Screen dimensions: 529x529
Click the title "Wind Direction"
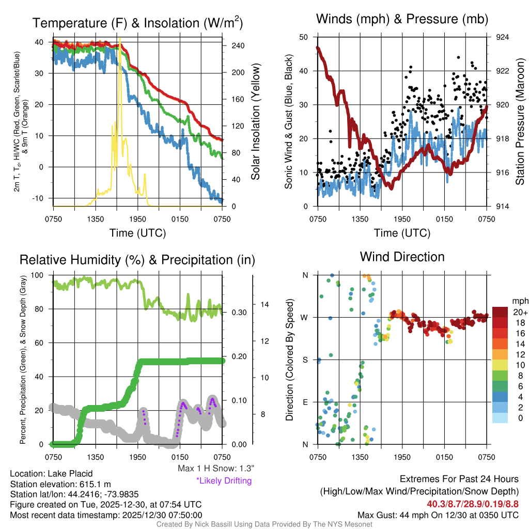pos(402,257)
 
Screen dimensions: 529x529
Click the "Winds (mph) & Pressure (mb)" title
pos(402,20)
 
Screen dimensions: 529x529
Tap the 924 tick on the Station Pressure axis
pos(502,37)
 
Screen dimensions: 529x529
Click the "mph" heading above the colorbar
pos(519,301)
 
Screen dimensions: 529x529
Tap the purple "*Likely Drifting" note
pos(224,480)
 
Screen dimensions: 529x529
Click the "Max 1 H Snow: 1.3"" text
pos(215,468)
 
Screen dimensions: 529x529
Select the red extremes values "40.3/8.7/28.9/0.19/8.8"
pos(473,504)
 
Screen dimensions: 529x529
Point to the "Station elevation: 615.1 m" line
pos(60,484)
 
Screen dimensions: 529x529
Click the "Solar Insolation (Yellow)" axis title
pos(255,122)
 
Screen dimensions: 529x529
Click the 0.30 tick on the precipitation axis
pos(239,313)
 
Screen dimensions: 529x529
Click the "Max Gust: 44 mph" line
pos(438,515)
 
